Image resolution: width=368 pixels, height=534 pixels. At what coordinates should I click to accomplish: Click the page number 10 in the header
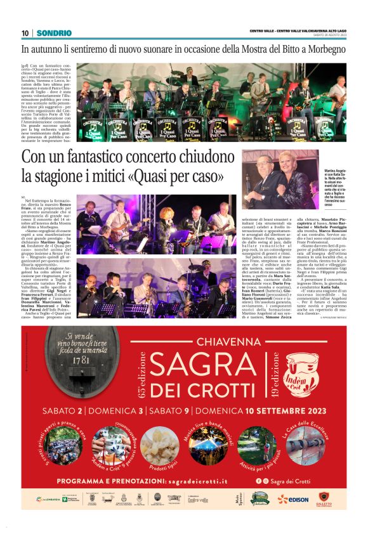click(x=25, y=33)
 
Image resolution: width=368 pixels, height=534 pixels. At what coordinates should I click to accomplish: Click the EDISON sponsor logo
click(x=292, y=499)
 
